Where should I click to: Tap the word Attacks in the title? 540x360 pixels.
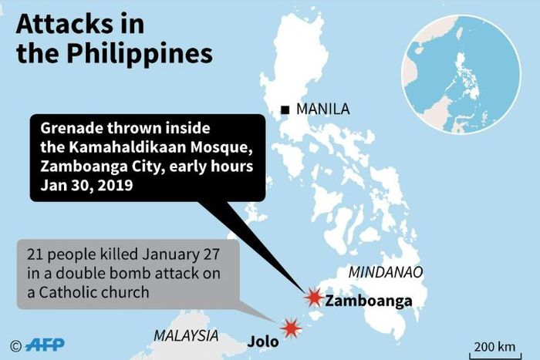69,23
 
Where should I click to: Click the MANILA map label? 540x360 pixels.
322,109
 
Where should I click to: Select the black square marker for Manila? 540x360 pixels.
286,109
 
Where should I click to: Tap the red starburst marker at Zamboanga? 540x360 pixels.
313,298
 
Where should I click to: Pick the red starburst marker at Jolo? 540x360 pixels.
291,328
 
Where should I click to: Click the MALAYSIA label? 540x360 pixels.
185,335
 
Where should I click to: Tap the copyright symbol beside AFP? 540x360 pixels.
15,345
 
